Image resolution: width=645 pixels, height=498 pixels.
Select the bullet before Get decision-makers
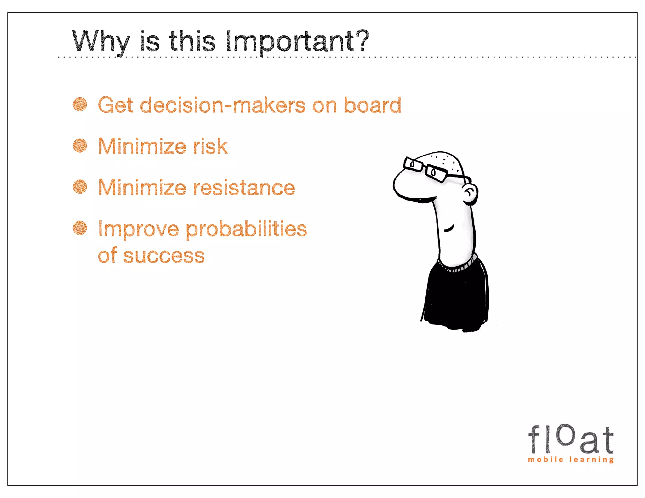80,105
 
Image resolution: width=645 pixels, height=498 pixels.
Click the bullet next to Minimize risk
80,146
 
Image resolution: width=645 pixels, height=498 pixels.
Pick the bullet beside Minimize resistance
80,187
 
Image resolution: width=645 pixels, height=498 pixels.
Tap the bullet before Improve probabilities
80,228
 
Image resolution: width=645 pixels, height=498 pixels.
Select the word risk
210,146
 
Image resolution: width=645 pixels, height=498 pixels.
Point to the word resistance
244,188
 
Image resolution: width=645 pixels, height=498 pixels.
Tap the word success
164,256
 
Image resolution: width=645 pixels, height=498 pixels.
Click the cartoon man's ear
470,193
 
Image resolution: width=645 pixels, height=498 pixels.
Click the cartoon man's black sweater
456,296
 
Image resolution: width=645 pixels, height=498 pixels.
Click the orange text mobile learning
571,460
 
